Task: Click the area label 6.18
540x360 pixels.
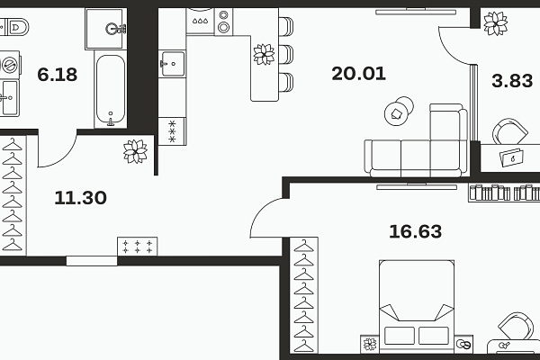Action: click(x=58, y=75)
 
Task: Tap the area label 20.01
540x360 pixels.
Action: click(x=358, y=74)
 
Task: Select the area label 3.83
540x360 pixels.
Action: click(x=512, y=81)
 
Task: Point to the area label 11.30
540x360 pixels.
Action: click(x=81, y=198)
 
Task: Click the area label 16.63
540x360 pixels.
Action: click(x=415, y=231)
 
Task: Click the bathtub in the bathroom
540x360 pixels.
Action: click(x=111, y=89)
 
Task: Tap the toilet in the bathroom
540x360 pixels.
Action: click(x=14, y=27)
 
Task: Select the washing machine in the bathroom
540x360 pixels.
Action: click(x=10, y=65)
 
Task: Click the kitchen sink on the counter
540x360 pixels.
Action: click(x=172, y=64)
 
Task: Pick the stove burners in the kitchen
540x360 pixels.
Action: click(x=223, y=22)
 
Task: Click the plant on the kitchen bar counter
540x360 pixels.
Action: click(x=264, y=54)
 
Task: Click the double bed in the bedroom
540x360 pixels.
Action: click(x=417, y=306)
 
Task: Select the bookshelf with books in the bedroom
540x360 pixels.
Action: click(x=504, y=193)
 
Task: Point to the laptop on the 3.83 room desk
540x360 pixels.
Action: click(x=512, y=157)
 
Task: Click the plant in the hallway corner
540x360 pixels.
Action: click(x=135, y=151)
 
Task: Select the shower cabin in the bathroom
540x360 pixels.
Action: click(x=106, y=29)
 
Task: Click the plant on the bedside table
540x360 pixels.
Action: click(x=370, y=344)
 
